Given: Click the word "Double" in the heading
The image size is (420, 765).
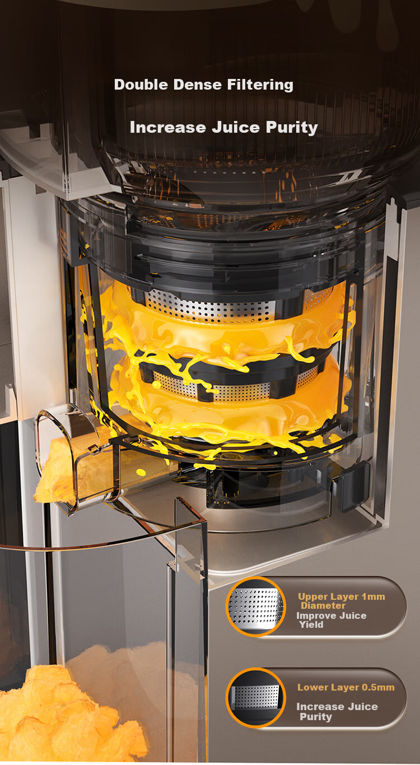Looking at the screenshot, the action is click(x=141, y=85).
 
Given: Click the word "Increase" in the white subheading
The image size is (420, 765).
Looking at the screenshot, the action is click(x=167, y=127).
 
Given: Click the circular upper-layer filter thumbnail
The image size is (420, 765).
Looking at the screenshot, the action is click(x=255, y=607).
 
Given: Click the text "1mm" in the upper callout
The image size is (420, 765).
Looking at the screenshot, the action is click(x=373, y=596).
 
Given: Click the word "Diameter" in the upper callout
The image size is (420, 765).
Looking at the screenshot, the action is click(x=323, y=605).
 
